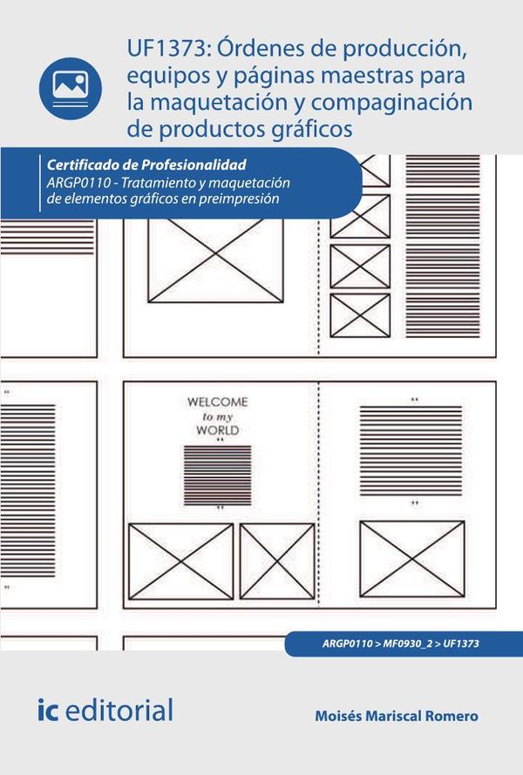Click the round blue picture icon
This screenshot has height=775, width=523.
[x=71, y=89]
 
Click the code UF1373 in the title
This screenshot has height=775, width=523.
[x=166, y=49]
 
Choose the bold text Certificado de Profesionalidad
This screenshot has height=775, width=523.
[x=146, y=165]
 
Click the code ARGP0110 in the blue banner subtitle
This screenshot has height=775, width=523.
[x=78, y=183]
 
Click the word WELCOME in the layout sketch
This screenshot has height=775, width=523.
[x=217, y=401]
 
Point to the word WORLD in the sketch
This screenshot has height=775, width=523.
[x=217, y=430]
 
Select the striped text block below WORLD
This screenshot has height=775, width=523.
[x=217, y=475]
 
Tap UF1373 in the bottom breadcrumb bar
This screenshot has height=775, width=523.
[x=461, y=644]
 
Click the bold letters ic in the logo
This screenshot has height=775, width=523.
[x=49, y=710]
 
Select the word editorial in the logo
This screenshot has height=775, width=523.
[x=119, y=710]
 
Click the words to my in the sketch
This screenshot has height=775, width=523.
[x=217, y=416]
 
